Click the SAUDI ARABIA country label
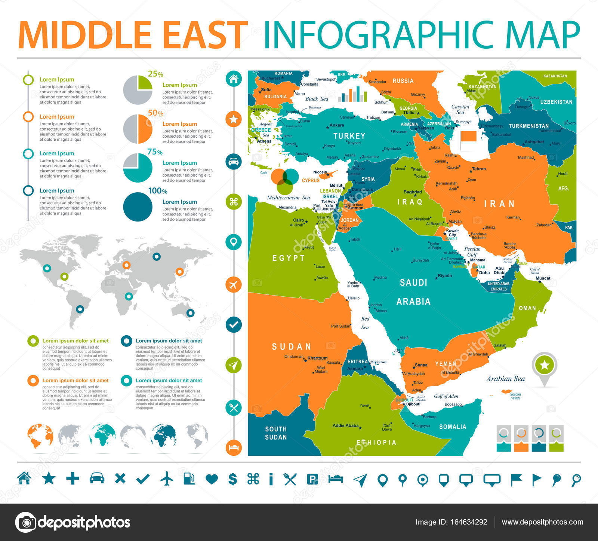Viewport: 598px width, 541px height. [x=413, y=292]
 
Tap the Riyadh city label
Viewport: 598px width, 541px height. [x=445, y=276]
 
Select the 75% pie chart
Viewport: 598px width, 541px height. [x=138, y=168]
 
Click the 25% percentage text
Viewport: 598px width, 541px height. [x=155, y=74]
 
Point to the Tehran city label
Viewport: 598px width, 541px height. [x=478, y=169]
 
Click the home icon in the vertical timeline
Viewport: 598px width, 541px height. [x=234, y=79]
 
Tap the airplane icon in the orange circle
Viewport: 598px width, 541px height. [x=234, y=284]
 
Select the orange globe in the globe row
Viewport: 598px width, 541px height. [x=40, y=436]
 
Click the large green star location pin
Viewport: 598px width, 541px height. [x=544, y=366]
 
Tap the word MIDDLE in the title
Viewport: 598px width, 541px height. [x=84, y=35]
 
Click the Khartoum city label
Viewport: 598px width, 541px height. [x=317, y=358]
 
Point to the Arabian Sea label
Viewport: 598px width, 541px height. [x=505, y=379]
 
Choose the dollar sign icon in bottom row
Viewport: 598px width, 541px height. [x=232, y=479]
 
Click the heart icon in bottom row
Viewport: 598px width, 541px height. [x=212, y=479]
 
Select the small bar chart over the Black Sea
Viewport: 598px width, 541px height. [x=352, y=94]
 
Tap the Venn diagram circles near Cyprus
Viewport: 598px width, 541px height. [x=285, y=181]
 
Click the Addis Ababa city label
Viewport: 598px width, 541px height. [x=345, y=425]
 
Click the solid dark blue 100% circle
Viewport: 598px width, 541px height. [x=138, y=207]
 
